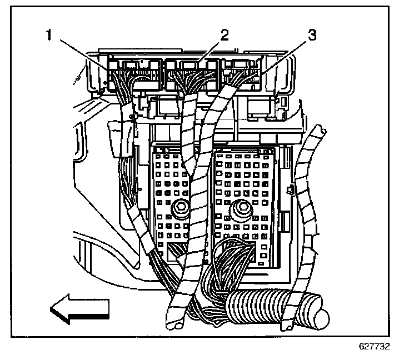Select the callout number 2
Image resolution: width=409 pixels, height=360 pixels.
[x=225, y=34]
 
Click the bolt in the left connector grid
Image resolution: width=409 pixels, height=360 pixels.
[x=179, y=209]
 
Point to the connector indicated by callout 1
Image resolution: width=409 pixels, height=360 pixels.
[x=133, y=75]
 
